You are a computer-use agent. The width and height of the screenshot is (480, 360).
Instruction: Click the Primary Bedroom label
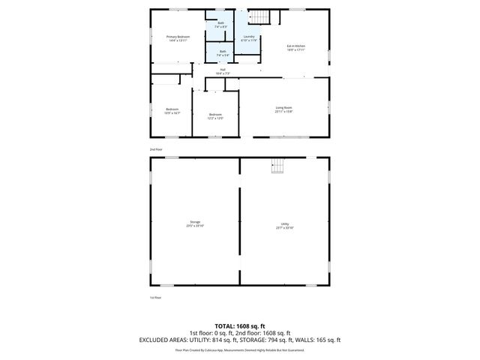[x=178, y=36]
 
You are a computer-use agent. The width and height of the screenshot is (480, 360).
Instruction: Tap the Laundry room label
[x=249, y=36]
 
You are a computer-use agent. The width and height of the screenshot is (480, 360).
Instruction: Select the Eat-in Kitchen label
[x=295, y=46]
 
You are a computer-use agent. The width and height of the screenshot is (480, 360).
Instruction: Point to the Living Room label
[x=283, y=107]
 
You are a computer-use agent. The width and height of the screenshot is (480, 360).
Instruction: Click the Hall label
[x=223, y=70]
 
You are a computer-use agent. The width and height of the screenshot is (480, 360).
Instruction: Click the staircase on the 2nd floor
[x=259, y=16]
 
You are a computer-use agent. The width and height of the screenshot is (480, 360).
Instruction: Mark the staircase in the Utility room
[x=278, y=167]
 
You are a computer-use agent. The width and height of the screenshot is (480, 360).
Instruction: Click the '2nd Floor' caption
[x=155, y=149]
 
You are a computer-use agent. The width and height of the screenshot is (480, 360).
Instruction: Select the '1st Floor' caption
[x=155, y=297]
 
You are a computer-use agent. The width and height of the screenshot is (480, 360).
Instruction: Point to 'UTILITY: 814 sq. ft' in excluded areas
[x=220, y=340]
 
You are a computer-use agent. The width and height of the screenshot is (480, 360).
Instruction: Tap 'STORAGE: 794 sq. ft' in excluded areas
[x=272, y=340]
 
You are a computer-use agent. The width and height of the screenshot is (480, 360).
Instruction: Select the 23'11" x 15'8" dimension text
[x=283, y=112]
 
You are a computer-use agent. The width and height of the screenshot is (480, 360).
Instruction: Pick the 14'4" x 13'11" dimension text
[x=178, y=40]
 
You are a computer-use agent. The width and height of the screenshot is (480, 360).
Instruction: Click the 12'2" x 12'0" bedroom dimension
[x=215, y=118]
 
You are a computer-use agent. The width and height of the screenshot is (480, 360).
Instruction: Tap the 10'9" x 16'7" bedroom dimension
[x=172, y=113]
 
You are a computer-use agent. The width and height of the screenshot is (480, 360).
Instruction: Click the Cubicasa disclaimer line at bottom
[x=240, y=349]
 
